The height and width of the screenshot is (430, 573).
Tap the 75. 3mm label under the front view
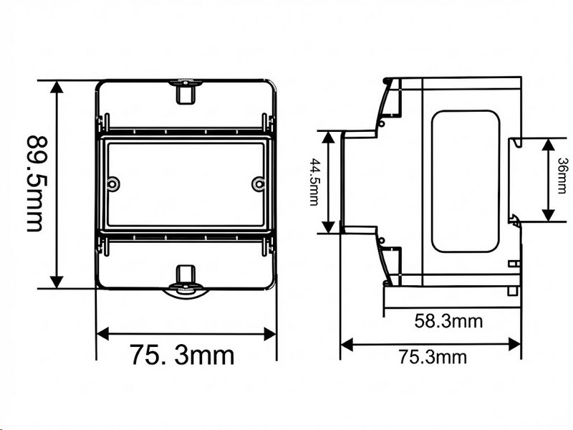point(182,355)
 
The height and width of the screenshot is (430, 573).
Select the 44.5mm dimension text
point(314,182)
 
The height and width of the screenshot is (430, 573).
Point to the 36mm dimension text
point(563,175)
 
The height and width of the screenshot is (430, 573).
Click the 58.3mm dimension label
point(448,321)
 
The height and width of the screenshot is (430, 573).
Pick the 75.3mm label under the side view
point(433,357)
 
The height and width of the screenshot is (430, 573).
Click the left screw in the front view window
point(112,184)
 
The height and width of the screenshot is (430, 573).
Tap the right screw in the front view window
point(259,184)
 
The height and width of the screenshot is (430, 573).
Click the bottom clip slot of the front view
point(186,274)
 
